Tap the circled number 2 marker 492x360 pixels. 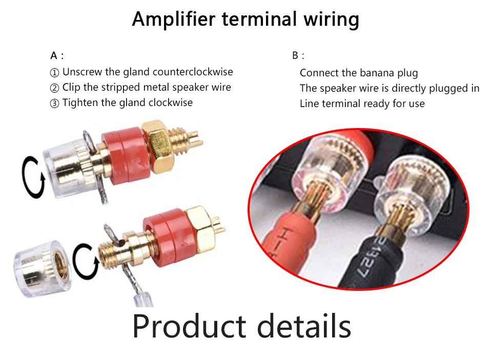55,88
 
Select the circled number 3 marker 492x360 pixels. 55,103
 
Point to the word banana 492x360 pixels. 377,73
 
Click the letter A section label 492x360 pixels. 54,55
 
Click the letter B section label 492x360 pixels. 295,55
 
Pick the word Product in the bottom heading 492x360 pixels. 189,326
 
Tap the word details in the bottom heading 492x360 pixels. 304,326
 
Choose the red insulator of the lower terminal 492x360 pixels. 167,239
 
